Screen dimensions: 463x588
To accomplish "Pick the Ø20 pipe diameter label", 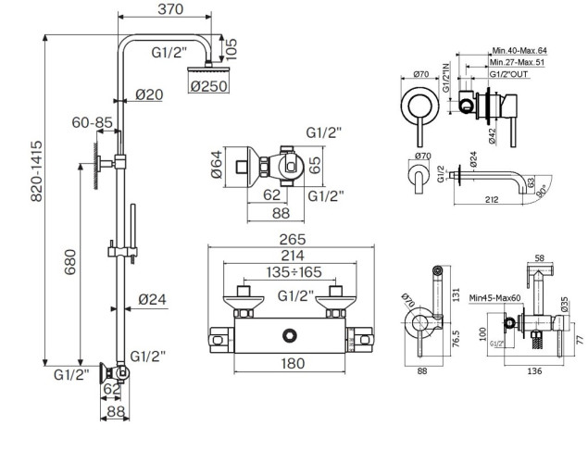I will [148, 94].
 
